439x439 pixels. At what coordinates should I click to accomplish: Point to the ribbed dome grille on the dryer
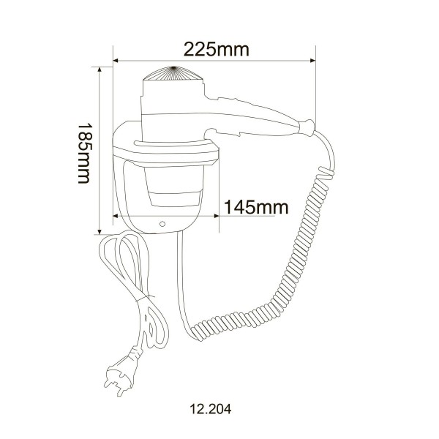[173, 76]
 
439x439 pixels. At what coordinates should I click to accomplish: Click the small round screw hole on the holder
[162, 222]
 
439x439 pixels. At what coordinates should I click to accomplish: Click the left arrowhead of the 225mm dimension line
[116, 61]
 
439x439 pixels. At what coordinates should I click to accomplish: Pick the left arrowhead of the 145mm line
[116, 216]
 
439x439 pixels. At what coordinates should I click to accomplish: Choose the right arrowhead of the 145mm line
[216, 216]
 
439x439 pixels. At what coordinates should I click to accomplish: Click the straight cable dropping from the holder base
[178, 278]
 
